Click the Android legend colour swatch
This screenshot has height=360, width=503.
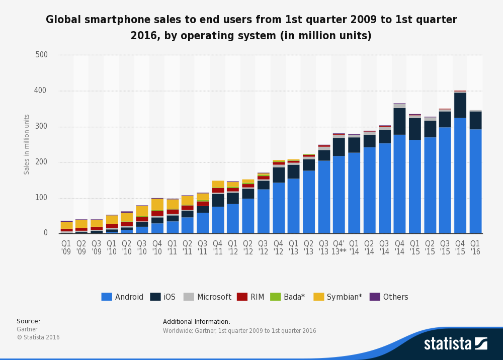pyautogui.click(x=107, y=297)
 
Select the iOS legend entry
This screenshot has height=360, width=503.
pyautogui.click(x=162, y=297)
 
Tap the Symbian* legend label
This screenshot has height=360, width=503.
pyautogui.click(x=344, y=297)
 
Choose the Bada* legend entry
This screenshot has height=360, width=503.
pyautogui.click(x=287, y=297)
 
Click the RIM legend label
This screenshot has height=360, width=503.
pyautogui.click(x=257, y=297)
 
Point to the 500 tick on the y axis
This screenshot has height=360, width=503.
pyautogui.click(x=41, y=54)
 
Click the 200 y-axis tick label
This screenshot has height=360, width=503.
pyautogui.click(x=41, y=162)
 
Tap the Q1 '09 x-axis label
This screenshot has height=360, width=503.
pyautogui.click(x=66, y=247)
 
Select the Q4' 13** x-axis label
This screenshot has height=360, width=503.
pyautogui.click(x=339, y=247)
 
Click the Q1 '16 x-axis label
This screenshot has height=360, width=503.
pyautogui.click(x=475, y=247)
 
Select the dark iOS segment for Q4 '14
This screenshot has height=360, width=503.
pyautogui.click(x=399, y=122)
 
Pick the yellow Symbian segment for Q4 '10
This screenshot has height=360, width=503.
pyautogui.click(x=157, y=205)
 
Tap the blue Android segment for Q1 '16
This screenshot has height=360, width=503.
pyautogui.click(x=475, y=182)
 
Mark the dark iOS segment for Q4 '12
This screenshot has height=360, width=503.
pyautogui.click(x=279, y=175)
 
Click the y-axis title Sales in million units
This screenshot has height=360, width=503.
pyautogui.click(x=27, y=145)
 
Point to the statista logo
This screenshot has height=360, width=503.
pyautogui.click(x=456, y=343)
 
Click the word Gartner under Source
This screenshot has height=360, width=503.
pyautogui.click(x=27, y=329)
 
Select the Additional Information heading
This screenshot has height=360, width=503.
pyautogui.click(x=197, y=321)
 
